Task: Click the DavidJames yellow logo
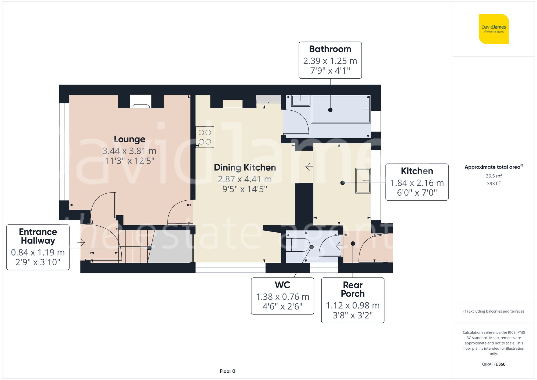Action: [494, 29]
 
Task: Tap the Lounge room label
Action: [129, 139]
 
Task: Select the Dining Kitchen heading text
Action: [245, 168]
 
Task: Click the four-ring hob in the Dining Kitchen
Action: [205, 137]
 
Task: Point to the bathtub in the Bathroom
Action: [340, 109]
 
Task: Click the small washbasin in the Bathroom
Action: [301, 101]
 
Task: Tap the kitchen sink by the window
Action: [363, 180]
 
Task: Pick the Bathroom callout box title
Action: [330, 49]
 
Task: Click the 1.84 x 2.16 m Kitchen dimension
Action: [417, 183]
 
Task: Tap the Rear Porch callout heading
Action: [353, 289]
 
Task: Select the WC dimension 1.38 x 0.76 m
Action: [282, 297]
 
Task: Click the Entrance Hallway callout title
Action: [38, 236]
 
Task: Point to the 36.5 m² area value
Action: [494, 176]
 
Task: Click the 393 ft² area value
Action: [494, 183]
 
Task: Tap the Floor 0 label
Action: [227, 371]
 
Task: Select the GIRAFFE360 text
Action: [494, 364]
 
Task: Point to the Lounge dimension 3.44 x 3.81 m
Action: [129, 151]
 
